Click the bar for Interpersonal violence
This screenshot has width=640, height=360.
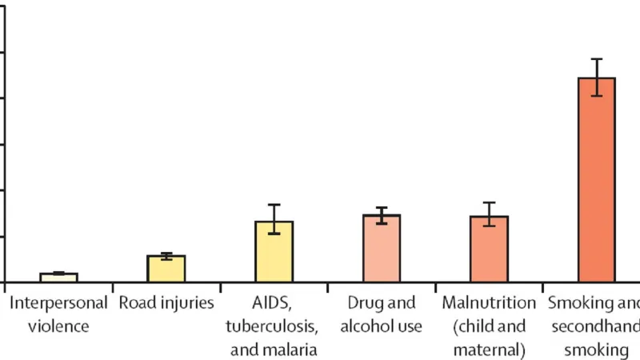pyautogui.click(x=58, y=278)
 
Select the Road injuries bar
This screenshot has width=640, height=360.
pyautogui.click(x=166, y=269)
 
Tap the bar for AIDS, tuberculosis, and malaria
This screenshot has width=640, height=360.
pyautogui.click(x=274, y=251)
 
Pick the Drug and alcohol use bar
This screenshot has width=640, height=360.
pyautogui.click(x=381, y=248)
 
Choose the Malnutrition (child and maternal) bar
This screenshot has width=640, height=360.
pyautogui.click(x=489, y=249)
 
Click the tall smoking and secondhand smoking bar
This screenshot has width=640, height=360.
pyautogui.click(x=596, y=180)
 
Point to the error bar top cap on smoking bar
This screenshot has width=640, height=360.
pyautogui.click(x=596, y=59)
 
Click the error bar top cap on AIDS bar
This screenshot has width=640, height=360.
pyautogui.click(x=274, y=205)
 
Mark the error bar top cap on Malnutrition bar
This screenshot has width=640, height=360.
pyautogui.click(x=489, y=202)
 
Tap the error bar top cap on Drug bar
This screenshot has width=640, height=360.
pyautogui.click(x=381, y=208)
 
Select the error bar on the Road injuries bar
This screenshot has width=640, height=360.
pyautogui.click(x=166, y=256)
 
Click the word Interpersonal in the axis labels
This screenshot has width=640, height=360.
pyautogui.click(x=58, y=303)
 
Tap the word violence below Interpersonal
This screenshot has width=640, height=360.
pyautogui.click(x=58, y=326)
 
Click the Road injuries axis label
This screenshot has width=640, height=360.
pyautogui.click(x=166, y=303)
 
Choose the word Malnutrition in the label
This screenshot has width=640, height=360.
pyautogui.click(x=489, y=303)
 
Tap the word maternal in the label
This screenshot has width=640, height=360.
pyautogui.click(x=489, y=349)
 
